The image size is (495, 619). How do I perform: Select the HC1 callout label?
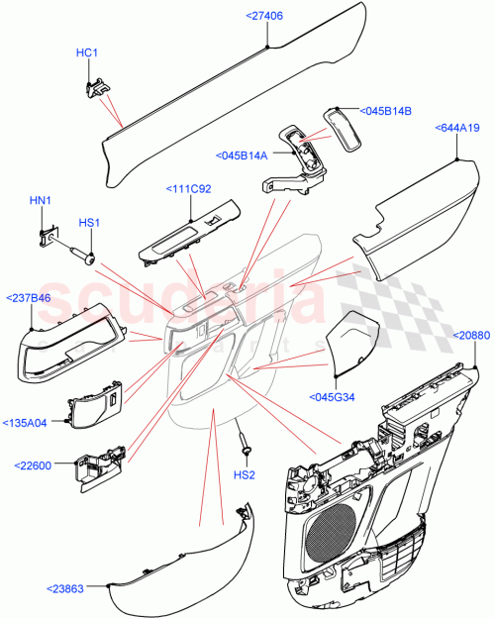(86, 52)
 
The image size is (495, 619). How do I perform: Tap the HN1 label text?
(41, 201)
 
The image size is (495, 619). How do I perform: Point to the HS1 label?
(89, 223)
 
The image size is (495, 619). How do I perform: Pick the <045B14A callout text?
(242, 155)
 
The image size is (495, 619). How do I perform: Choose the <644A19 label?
(457, 128)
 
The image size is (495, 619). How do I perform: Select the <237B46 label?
(31, 296)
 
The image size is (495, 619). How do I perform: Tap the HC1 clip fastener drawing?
(97, 87)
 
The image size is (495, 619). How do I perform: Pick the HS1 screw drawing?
(82, 254)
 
